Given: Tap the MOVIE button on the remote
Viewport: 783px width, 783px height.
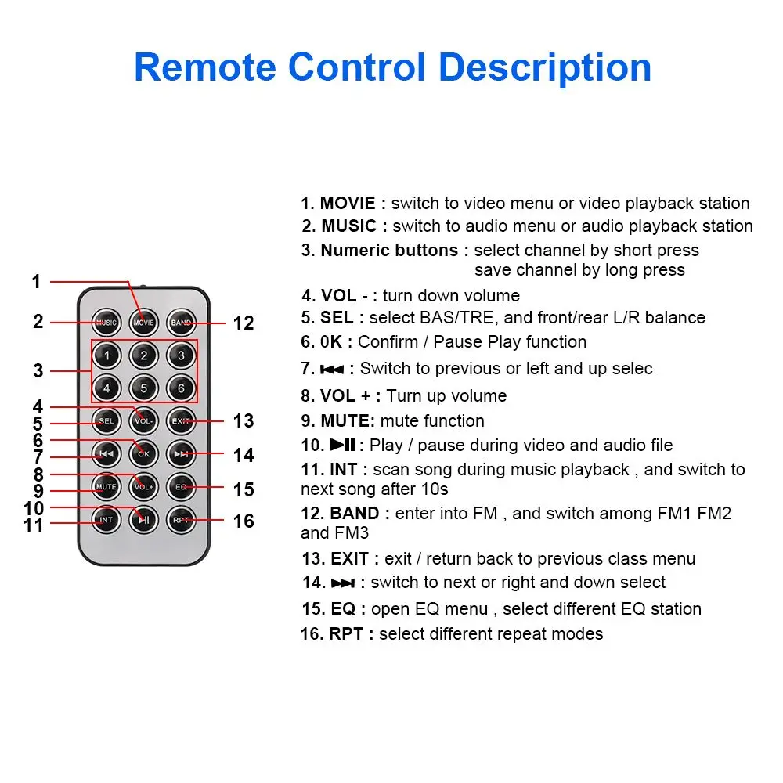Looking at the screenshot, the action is tap(144, 323).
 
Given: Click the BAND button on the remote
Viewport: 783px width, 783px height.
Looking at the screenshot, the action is tap(181, 323).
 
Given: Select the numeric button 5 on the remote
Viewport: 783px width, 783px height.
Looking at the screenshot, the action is tap(144, 388).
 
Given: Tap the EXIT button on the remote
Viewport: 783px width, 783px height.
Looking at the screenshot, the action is tap(181, 421).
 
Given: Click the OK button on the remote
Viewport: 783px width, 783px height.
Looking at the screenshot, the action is tap(144, 454).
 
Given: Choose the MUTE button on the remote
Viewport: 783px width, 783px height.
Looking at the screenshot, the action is tap(106, 487).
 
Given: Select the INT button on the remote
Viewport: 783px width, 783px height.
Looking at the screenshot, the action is tap(106, 520).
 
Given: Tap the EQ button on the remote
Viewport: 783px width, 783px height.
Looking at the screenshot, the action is tap(181, 487).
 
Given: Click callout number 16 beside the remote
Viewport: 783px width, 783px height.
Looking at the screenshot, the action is tap(244, 521).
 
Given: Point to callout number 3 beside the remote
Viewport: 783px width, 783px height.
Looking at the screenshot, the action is tap(38, 370).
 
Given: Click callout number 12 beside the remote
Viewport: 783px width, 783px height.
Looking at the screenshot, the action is tap(244, 323).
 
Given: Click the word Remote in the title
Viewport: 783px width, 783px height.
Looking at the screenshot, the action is tap(205, 67).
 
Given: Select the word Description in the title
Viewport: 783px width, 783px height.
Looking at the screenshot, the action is tap(545, 68).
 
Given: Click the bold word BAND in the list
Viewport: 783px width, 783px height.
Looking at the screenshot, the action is tap(355, 514).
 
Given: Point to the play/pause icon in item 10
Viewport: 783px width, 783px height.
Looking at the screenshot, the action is tap(343, 445).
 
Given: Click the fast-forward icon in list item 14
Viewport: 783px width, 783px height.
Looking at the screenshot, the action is tap(343, 583).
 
